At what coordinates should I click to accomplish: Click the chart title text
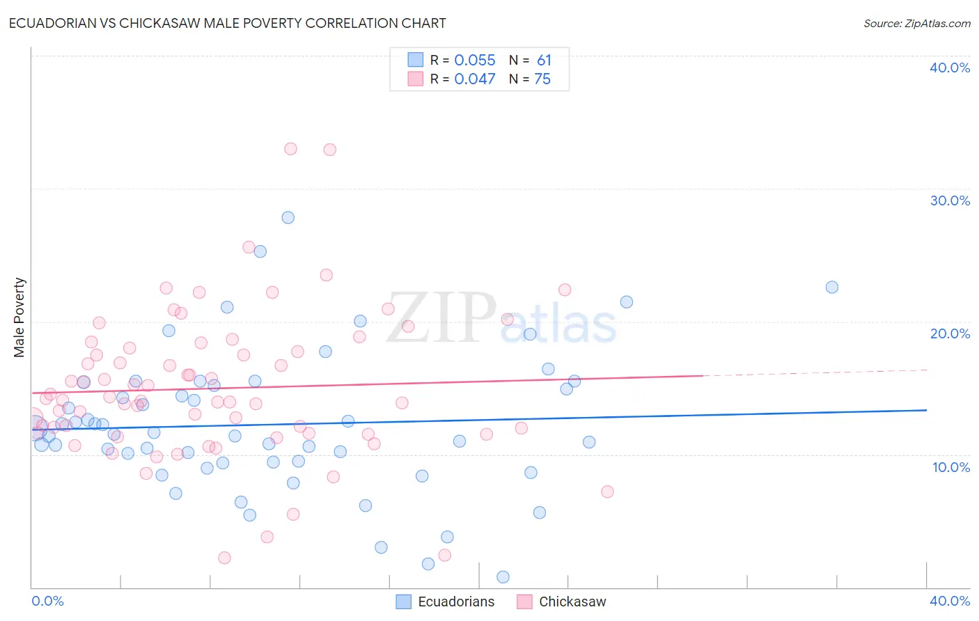point(228,23)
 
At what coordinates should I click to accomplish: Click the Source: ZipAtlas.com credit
point(916,24)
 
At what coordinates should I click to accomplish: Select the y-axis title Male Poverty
point(19,317)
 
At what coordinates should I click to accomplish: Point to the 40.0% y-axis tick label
point(949,68)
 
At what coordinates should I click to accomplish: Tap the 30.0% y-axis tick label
point(949,201)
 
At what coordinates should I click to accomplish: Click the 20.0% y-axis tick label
point(949,333)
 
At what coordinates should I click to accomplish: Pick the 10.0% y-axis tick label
point(950,467)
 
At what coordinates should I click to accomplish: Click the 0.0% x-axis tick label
point(47,601)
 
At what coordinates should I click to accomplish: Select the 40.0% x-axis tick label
point(949,601)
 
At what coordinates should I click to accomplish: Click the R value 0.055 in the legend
point(475,61)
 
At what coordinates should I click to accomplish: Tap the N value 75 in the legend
point(542,79)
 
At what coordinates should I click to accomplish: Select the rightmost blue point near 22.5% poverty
point(831,288)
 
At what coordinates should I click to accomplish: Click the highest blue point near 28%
point(288,218)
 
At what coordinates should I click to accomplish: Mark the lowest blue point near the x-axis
point(503,577)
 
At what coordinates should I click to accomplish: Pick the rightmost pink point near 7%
point(607,492)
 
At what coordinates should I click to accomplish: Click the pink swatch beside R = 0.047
point(416,79)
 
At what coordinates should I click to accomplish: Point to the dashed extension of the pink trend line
point(815,372)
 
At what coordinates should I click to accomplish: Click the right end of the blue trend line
point(926,410)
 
